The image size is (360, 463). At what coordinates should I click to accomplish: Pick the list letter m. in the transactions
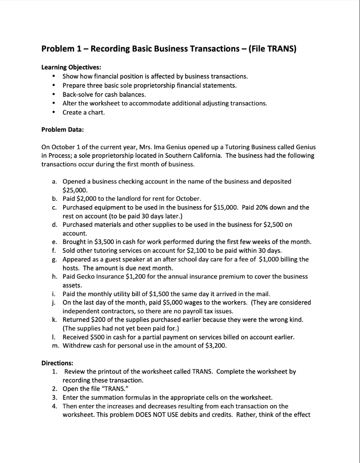point(55,345)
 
